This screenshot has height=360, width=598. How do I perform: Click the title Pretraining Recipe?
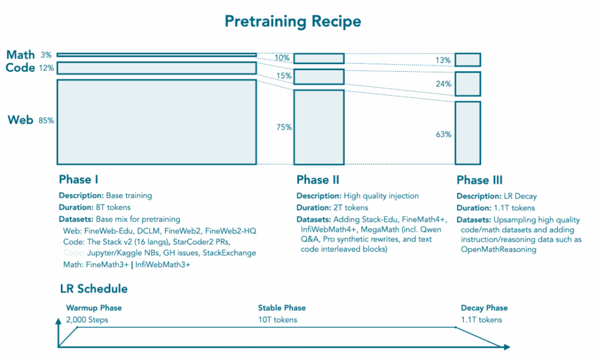click(293, 22)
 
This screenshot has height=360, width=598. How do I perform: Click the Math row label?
click(20, 55)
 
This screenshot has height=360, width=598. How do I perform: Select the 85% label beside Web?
click(46, 121)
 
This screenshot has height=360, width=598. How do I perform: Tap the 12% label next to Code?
click(47, 68)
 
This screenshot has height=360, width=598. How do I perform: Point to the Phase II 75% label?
click(284, 127)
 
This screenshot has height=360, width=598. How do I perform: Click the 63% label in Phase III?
click(443, 134)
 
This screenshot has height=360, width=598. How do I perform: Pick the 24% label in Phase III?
click(443, 84)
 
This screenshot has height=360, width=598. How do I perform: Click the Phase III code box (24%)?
click(467, 84)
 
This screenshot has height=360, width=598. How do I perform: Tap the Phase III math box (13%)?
click(467, 60)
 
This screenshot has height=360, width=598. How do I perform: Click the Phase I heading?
click(82, 179)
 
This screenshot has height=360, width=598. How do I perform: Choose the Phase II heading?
click(318, 179)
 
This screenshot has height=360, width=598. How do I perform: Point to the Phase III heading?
click(479, 180)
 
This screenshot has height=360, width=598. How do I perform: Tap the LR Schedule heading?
click(93, 289)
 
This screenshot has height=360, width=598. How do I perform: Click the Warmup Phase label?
click(93, 308)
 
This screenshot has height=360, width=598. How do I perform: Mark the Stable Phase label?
click(281, 308)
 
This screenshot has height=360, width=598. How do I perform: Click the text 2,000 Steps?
click(87, 320)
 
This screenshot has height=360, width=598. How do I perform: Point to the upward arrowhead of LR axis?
click(58, 322)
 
